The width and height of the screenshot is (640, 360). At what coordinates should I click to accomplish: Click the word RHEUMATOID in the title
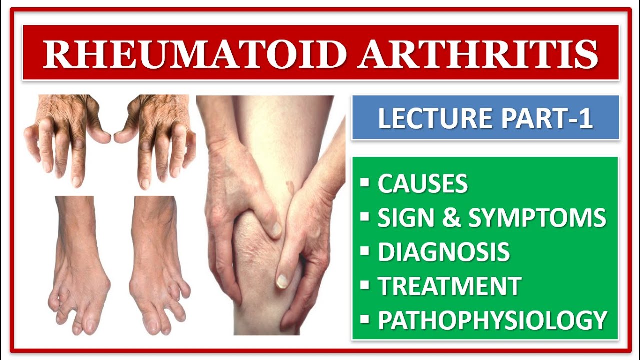coord(195,54)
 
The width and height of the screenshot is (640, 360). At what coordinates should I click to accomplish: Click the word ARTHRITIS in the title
coord(478,54)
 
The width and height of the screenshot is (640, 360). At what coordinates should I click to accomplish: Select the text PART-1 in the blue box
coord(547,118)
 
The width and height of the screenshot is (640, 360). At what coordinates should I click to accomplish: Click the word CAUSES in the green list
coord(423,183)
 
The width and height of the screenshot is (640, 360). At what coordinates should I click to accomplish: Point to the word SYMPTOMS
coord(537,217)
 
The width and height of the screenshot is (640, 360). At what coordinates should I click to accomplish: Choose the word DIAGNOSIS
coord(444,252)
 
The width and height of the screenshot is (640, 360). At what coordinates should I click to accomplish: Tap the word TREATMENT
coord(450,286)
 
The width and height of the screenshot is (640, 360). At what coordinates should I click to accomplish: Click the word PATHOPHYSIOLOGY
coord(493,320)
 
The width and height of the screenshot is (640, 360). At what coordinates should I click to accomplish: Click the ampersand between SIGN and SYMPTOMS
coord(451,217)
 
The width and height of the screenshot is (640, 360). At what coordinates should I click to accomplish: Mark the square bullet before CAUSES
coord(365,182)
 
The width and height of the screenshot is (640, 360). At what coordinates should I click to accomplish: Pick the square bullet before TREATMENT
coord(365,285)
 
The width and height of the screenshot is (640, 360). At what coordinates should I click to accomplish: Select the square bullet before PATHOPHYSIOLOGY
coord(365,319)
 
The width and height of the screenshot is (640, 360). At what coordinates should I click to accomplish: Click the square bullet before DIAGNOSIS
coord(365,251)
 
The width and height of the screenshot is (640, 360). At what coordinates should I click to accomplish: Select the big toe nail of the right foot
coord(152,325)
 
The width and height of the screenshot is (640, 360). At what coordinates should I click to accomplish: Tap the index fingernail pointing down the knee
coord(281,281)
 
